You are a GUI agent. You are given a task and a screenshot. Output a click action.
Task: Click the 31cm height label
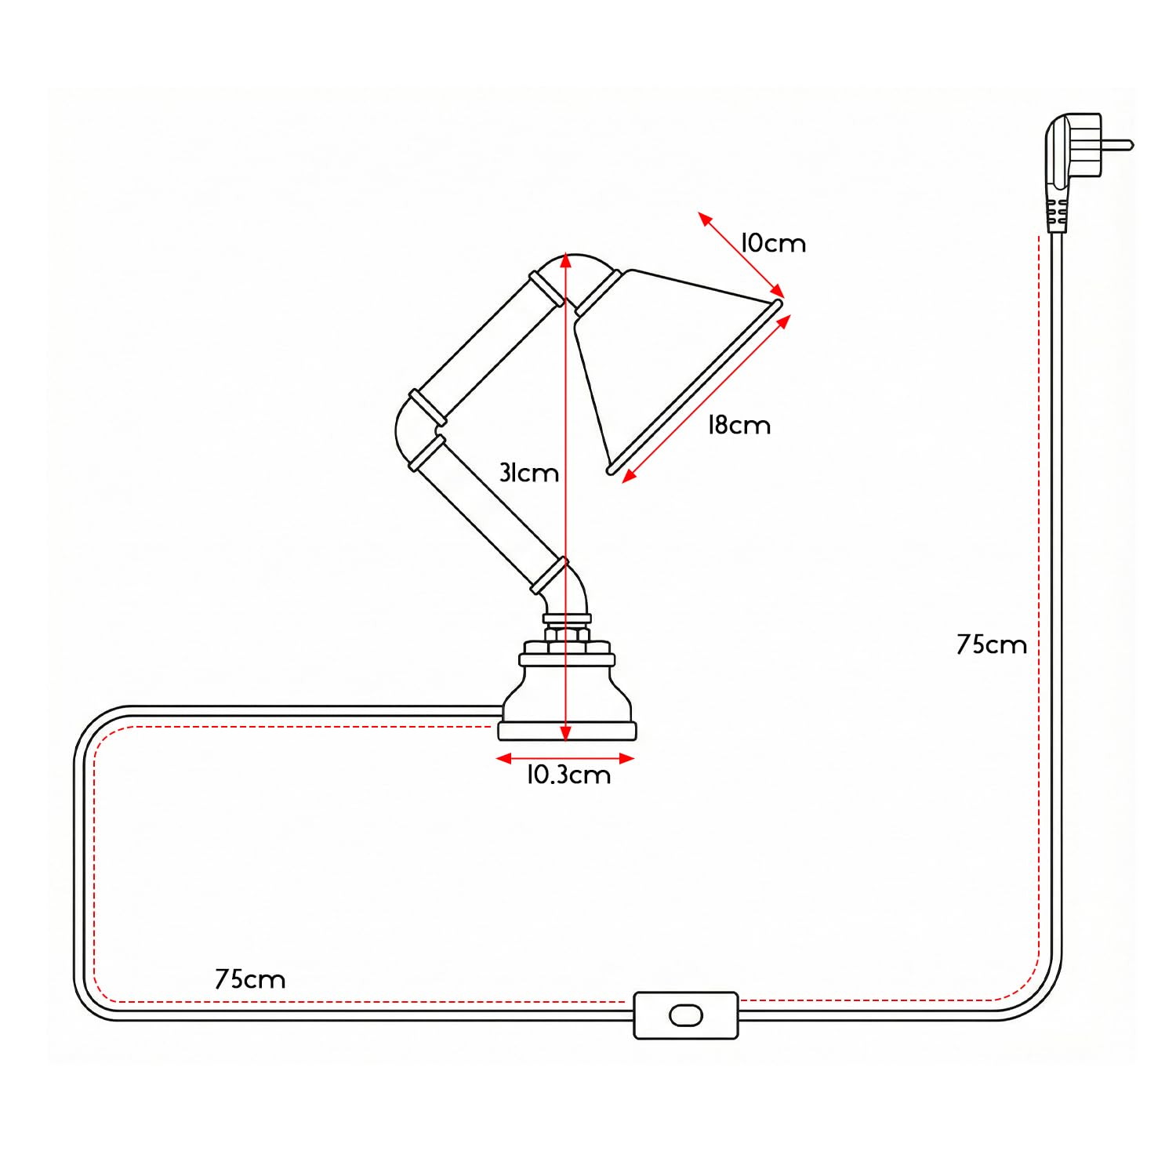tap(529, 473)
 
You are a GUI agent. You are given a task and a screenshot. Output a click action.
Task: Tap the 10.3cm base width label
tap(568, 775)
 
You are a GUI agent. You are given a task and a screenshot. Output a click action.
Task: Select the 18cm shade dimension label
tap(739, 425)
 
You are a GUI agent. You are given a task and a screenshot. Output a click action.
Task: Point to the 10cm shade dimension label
tap(774, 243)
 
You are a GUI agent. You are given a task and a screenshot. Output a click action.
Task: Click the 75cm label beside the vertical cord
tap(992, 644)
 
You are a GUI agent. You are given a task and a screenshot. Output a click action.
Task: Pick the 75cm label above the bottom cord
tap(250, 979)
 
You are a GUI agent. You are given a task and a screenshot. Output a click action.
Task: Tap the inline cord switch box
tap(686, 1015)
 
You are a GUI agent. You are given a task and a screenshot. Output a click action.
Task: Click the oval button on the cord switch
tap(686, 1016)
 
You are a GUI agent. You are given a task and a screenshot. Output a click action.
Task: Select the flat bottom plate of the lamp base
tap(568, 731)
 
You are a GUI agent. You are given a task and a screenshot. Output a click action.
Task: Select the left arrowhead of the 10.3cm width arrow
tap(504, 758)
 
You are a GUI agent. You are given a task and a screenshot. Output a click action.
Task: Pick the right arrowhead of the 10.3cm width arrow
tap(626, 758)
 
